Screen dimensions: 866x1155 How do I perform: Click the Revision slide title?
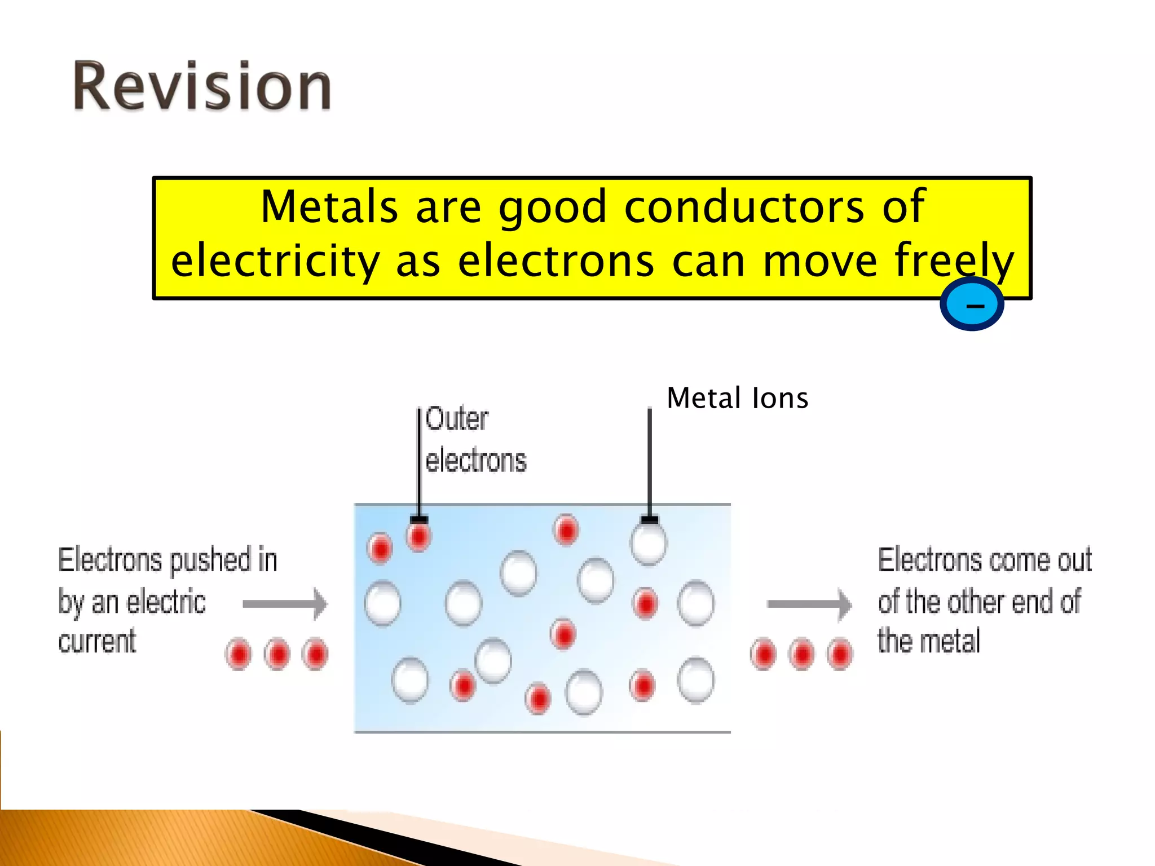coord(202,86)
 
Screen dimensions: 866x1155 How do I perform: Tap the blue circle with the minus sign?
coord(972,304)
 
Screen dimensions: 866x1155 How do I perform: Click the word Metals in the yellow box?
coord(329,207)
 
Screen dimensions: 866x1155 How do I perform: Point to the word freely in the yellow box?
coord(954,261)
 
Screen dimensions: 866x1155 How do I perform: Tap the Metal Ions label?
coord(737,398)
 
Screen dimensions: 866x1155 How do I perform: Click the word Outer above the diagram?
coord(457,419)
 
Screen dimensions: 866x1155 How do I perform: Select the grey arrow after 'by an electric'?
coord(285,604)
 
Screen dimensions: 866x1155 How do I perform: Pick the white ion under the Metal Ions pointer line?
coord(649,542)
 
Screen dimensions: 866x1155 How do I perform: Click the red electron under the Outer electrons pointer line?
coord(418,536)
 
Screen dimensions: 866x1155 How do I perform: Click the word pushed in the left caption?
coord(210,560)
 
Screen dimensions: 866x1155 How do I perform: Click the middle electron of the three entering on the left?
coord(277,654)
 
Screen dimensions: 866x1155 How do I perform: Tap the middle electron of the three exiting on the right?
coord(801,654)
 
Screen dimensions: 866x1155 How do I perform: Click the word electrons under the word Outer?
coord(475,461)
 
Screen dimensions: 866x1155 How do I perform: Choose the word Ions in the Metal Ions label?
coord(780,398)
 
